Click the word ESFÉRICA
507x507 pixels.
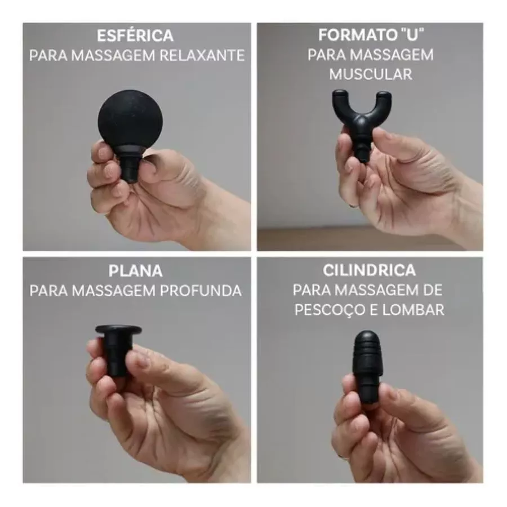click(135, 36)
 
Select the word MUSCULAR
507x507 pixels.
click(371, 74)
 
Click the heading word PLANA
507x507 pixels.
click(135, 271)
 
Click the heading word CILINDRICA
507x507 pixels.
click(370, 270)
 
